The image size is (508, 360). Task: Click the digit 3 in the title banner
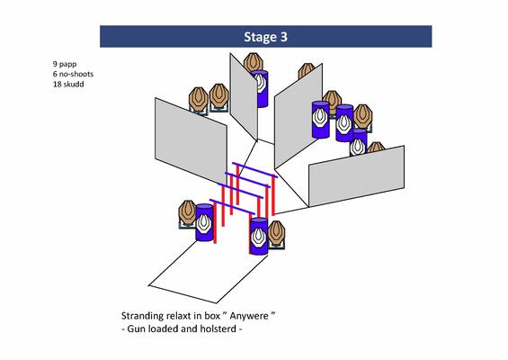point(283,37)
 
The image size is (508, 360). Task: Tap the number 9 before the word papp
point(55,64)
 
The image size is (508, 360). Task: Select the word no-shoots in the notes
point(76,74)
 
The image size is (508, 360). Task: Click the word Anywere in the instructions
point(249,316)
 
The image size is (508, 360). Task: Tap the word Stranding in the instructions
point(142,316)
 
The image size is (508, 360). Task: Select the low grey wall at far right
point(356,176)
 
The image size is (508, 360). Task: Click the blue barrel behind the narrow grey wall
point(261,89)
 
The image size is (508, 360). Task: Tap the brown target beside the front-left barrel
point(187,212)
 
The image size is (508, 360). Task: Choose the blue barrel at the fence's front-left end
point(204,222)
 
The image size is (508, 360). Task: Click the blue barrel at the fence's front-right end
point(259,237)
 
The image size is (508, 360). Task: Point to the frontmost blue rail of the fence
point(232,207)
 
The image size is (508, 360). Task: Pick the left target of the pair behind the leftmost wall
point(199,99)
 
